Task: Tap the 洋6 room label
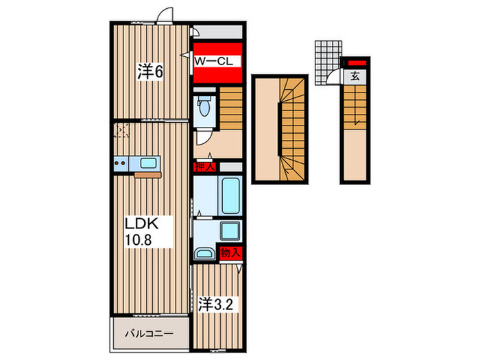(149, 72)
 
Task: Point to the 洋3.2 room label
(215, 304)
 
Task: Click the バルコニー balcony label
(149, 333)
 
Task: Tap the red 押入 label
(205, 167)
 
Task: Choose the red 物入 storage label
(231, 253)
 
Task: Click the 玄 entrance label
(355, 76)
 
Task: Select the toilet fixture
(204, 106)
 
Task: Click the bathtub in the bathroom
(230, 195)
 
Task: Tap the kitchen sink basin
(149, 163)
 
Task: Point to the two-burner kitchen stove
(121, 163)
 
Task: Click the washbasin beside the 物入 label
(204, 253)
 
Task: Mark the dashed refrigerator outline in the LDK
(121, 130)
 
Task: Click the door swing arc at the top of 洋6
(165, 14)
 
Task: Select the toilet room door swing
(203, 138)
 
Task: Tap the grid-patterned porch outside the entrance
(328, 63)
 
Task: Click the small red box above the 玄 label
(357, 63)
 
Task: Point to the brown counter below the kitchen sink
(147, 175)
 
